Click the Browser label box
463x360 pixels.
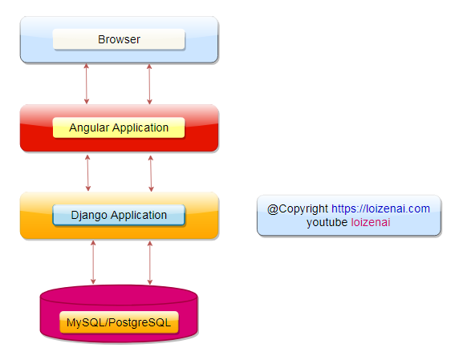click(x=119, y=39)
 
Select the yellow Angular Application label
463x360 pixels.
click(x=119, y=127)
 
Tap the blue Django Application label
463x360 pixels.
click(x=119, y=215)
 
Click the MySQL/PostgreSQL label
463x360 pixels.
click(x=119, y=322)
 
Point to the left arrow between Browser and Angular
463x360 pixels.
click(x=86, y=84)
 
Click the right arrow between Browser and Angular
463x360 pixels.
click(x=149, y=84)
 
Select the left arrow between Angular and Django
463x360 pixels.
click(x=87, y=173)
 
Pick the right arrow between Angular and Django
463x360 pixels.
click(x=151, y=173)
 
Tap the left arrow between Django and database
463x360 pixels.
click(x=93, y=262)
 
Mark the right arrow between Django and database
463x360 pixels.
click(x=150, y=263)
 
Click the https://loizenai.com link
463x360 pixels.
click(x=380, y=208)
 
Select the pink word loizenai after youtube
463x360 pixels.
click(x=371, y=222)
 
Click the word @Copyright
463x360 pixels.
click(x=298, y=209)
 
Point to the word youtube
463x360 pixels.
click(x=327, y=222)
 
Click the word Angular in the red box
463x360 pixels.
click(x=89, y=128)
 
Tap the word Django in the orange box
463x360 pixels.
click(x=89, y=216)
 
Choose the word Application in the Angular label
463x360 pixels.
click(x=140, y=128)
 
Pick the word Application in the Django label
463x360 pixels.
click(x=139, y=216)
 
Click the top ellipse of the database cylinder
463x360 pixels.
click(x=119, y=295)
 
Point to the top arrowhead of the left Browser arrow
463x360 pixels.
click(x=86, y=66)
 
